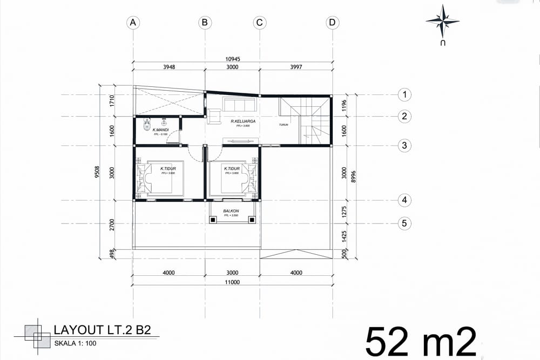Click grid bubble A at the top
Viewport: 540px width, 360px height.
click(133, 22)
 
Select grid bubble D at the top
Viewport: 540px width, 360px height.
click(332, 22)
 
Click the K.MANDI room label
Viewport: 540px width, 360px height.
click(161, 130)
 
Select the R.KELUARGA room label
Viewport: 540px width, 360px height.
click(242, 121)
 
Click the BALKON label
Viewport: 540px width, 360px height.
click(232, 211)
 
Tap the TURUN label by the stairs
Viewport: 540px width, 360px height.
click(283, 125)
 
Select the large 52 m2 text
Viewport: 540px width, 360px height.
click(421, 341)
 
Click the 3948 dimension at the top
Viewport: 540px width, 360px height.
click(168, 67)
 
